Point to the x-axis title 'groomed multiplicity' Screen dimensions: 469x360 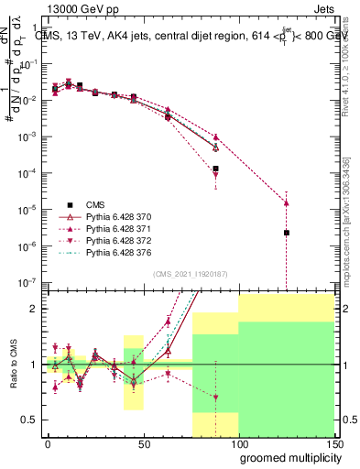(286, 457)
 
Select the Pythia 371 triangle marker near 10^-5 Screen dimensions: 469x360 (287, 202)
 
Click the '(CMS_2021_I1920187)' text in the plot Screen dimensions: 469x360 (189, 274)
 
